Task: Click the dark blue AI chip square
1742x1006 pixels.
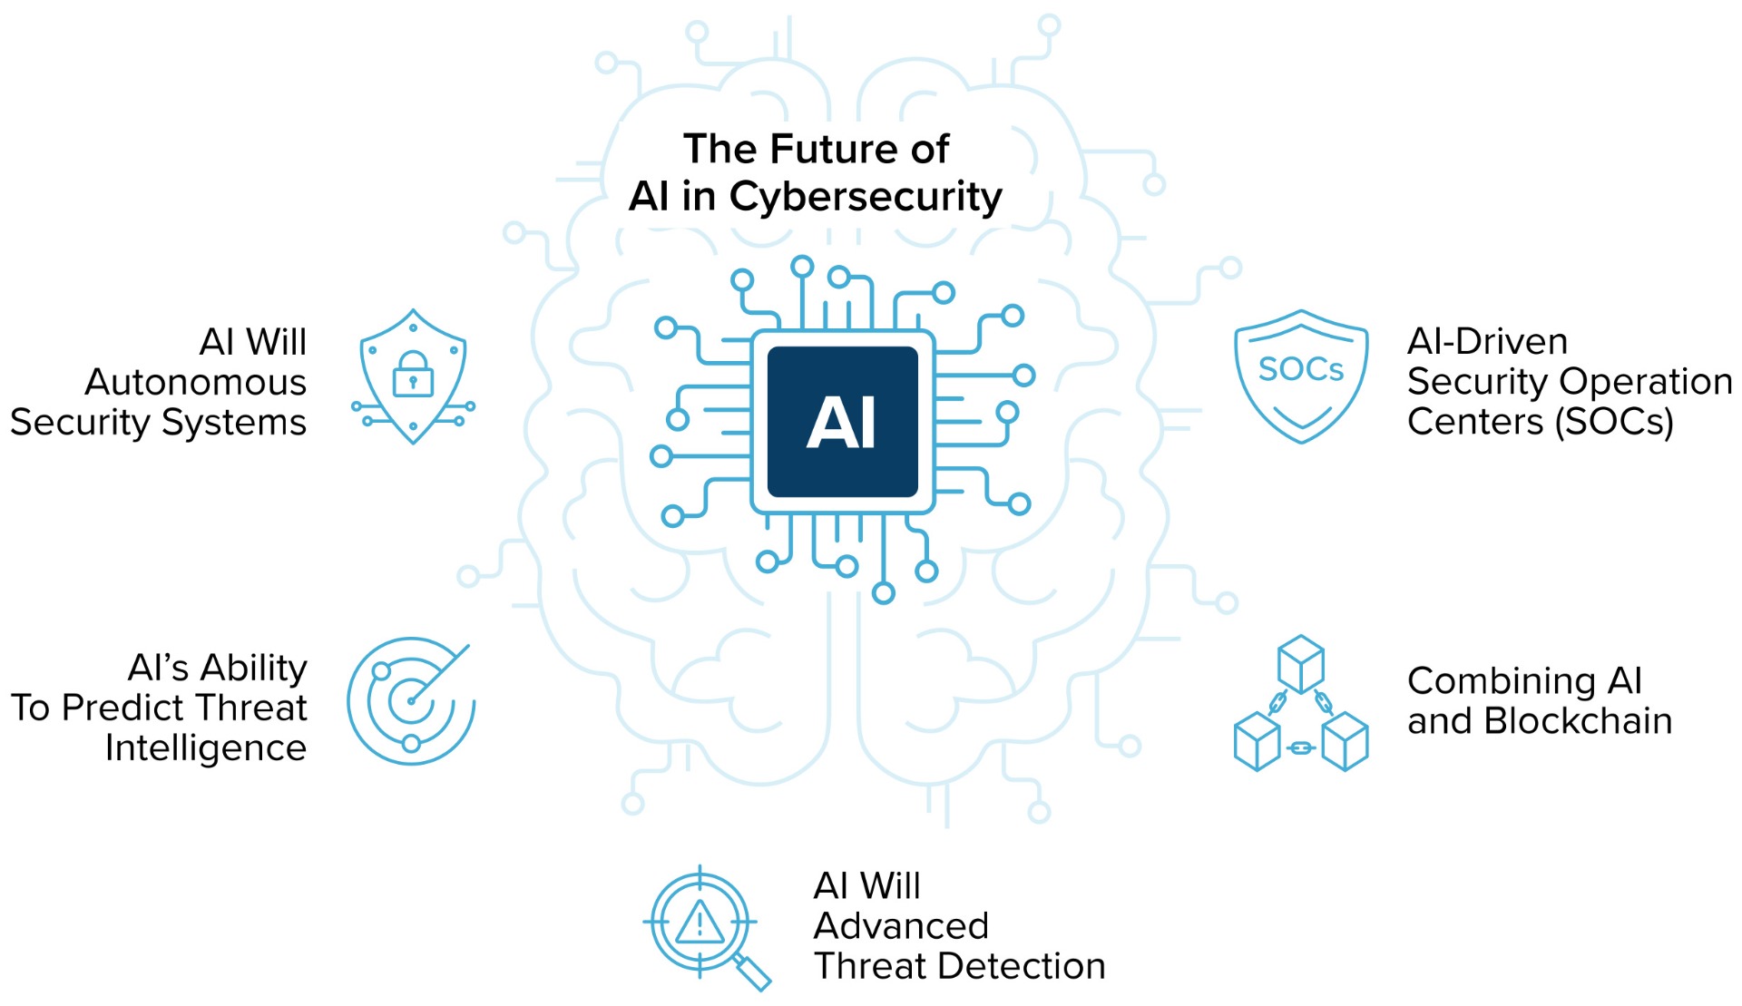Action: [x=842, y=422]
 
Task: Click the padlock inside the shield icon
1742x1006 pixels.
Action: [x=413, y=374]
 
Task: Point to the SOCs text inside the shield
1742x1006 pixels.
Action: [x=1301, y=369]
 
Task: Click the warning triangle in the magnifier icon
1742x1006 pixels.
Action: [x=700, y=923]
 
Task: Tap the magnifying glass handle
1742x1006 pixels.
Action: [x=752, y=972]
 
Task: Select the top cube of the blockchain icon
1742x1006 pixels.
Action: [x=1301, y=664]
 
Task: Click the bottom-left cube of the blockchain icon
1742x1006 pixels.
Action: [x=1258, y=741]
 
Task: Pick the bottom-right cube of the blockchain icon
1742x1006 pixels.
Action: [x=1345, y=741]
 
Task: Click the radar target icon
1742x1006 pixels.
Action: [x=411, y=700]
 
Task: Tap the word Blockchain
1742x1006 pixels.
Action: [x=1578, y=721]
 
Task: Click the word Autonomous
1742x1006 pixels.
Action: [x=196, y=382]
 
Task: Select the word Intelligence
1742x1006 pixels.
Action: [x=206, y=748]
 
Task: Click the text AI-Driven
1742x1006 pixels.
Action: [x=1487, y=342]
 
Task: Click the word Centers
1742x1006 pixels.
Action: [x=1475, y=422]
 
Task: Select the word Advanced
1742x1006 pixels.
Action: [x=901, y=926]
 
